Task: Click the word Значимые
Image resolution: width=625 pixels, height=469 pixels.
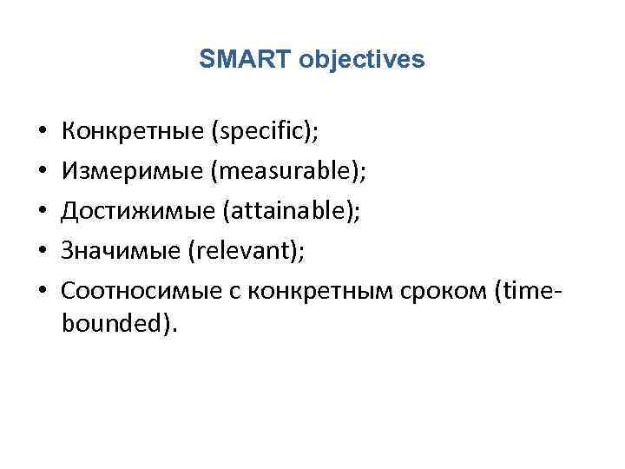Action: (x=120, y=251)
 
